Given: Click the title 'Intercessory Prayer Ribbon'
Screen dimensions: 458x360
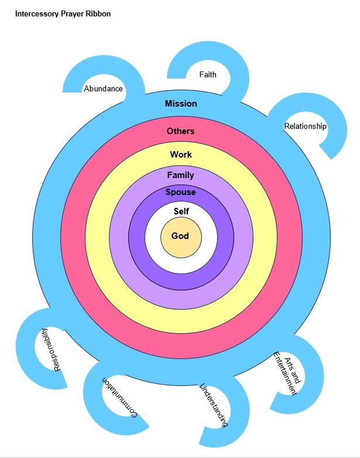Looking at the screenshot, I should click(63, 14).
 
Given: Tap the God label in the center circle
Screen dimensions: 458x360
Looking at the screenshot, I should click(180, 236).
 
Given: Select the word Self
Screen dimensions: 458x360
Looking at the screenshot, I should click(181, 211).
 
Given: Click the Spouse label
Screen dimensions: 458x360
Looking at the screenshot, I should click(180, 192).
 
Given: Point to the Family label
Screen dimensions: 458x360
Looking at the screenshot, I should click(180, 175).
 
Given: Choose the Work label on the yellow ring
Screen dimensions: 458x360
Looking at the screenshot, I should click(181, 155).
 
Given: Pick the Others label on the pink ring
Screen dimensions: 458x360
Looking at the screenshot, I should click(180, 131).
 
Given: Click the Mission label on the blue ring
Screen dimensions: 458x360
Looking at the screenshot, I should click(181, 104).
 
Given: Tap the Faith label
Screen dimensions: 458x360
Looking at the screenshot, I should click(208, 75).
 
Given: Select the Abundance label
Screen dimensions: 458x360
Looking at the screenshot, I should click(104, 89).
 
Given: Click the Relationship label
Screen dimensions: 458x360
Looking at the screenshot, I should click(305, 126).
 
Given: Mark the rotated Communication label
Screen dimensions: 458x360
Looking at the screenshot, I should click(119, 398).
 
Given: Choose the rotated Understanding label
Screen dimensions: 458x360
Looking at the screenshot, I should click(214, 405).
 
